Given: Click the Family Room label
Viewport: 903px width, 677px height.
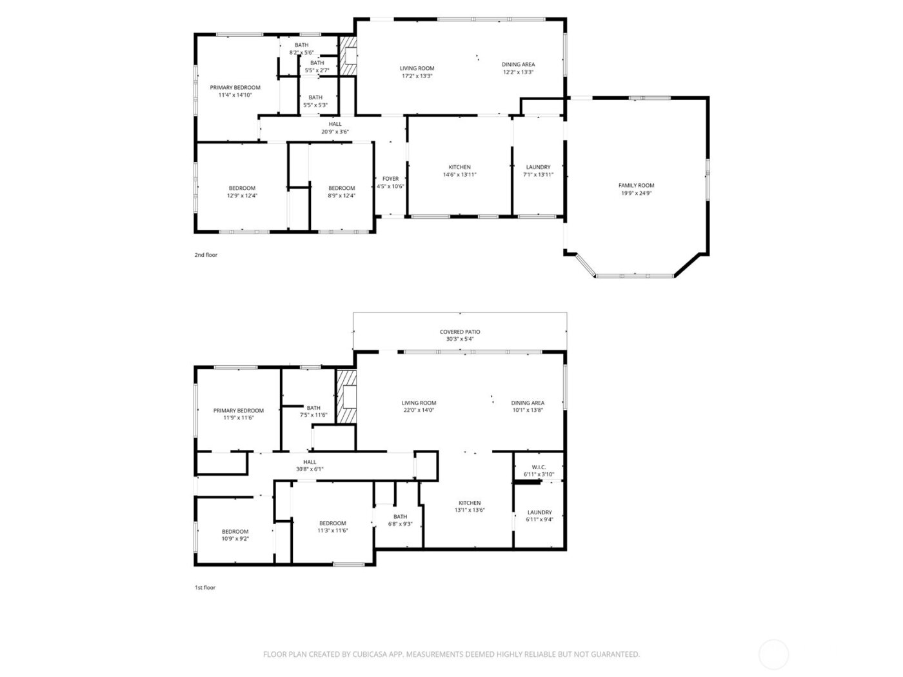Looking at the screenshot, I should click(x=636, y=185).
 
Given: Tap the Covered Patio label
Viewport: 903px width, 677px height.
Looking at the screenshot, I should click(x=460, y=332).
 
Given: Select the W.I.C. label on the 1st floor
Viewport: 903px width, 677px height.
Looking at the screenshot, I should click(x=539, y=467).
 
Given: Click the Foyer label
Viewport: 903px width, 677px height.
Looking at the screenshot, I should click(x=390, y=179).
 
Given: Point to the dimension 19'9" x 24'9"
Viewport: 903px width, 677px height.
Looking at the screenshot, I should click(x=636, y=193).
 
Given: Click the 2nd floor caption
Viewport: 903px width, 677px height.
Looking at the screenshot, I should click(x=206, y=255).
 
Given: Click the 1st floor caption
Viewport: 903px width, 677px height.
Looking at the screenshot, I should click(x=205, y=588).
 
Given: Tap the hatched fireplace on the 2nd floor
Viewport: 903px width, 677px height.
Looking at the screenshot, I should click(x=348, y=55).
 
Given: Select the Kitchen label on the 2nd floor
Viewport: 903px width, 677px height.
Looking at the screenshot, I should click(x=459, y=167).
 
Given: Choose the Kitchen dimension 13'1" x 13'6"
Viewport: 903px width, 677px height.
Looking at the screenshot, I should click(x=470, y=510).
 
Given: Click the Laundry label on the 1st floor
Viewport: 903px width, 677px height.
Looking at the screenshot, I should click(x=539, y=512).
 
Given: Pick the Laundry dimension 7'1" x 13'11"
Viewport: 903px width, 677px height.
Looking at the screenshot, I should click(x=538, y=175).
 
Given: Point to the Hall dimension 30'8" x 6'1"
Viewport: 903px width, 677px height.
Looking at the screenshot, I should click(x=310, y=469).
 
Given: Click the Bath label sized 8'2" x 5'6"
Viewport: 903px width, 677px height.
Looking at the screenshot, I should click(x=301, y=45).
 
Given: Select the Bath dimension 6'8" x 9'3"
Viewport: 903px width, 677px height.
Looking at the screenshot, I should click(x=400, y=524).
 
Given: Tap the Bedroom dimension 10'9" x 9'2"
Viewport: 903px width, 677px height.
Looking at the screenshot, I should click(x=235, y=539).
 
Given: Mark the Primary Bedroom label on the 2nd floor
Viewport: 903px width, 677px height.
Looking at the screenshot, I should click(x=235, y=88).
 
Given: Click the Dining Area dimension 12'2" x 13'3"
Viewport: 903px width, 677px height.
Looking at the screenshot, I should click(x=518, y=72).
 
